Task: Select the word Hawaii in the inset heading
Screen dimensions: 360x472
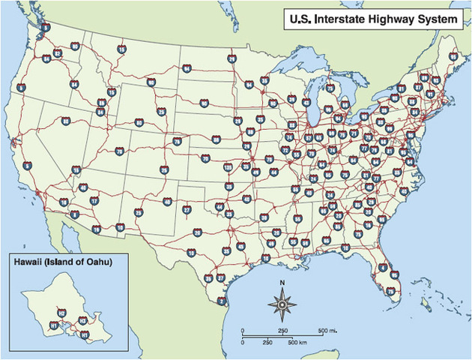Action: click(x=28, y=262)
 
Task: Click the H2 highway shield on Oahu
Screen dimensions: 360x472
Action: click(x=61, y=313)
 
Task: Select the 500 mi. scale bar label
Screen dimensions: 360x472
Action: click(x=327, y=331)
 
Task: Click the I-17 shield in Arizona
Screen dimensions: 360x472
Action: click(x=94, y=201)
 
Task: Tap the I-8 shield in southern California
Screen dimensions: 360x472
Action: click(x=74, y=214)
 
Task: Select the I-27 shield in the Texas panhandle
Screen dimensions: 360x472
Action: click(x=187, y=211)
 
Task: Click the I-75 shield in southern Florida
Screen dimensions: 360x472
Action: click(x=390, y=289)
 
